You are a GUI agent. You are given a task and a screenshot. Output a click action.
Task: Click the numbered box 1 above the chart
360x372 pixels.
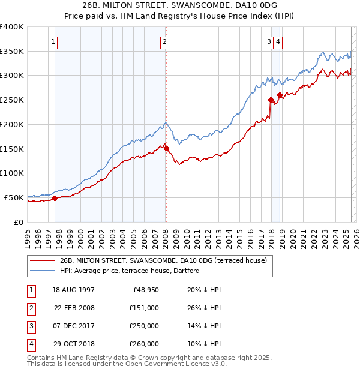(x=54, y=41)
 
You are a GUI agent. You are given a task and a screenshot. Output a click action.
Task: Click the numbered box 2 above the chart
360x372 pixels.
(x=164, y=41)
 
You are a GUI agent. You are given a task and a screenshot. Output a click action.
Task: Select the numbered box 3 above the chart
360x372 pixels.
(x=269, y=41)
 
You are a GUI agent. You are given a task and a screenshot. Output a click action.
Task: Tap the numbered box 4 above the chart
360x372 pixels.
(x=279, y=41)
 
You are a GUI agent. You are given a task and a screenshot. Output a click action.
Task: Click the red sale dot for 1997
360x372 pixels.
(x=55, y=197)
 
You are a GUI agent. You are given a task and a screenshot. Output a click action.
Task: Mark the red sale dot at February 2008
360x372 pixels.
(x=166, y=148)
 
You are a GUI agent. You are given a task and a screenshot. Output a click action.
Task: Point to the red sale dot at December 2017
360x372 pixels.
(x=271, y=100)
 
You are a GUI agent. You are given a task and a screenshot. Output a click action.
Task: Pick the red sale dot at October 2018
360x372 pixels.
(x=280, y=95)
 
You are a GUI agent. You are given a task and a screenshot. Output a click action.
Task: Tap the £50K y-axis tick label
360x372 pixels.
(x=13, y=197)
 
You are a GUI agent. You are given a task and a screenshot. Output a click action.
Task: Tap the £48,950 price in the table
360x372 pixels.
(x=145, y=290)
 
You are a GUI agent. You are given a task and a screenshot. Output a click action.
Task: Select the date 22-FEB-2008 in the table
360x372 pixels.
(x=74, y=308)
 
